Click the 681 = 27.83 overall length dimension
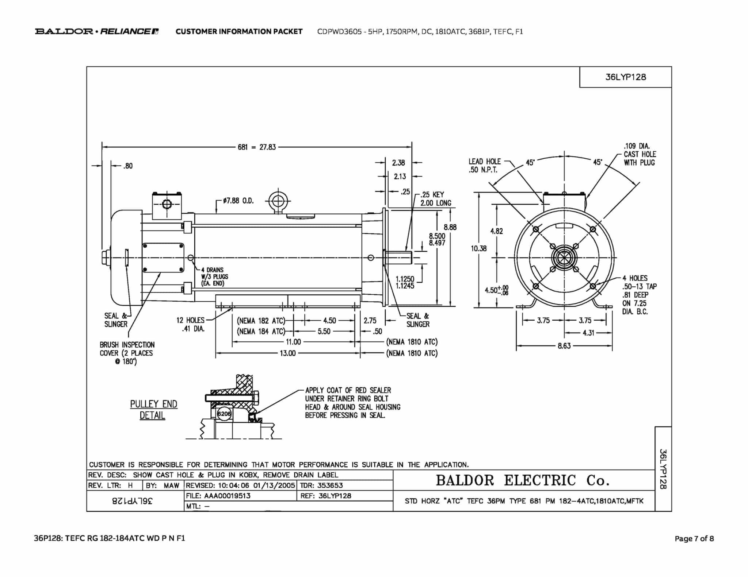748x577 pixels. coord(257,147)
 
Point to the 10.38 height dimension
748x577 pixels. coord(479,248)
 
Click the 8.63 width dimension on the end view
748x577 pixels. coord(564,345)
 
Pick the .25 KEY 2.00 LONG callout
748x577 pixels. coord(436,199)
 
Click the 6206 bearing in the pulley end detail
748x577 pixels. coord(224,414)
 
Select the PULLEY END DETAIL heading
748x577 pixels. coord(153,410)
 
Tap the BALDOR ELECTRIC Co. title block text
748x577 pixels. coord(523,480)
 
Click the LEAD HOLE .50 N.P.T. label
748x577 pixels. coord(485,166)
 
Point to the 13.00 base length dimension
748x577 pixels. coord(287,353)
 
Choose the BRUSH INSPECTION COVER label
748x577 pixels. coord(127,353)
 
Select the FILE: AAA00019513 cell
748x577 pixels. coord(218,496)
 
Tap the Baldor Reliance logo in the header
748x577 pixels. coord(97,31)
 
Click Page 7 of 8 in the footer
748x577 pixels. coord(694,538)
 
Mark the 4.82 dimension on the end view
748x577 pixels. coord(496,231)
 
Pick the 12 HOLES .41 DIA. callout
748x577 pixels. coord(190,324)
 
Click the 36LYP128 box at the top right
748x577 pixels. coord(626,77)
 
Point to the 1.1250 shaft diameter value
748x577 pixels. coord(405,279)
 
